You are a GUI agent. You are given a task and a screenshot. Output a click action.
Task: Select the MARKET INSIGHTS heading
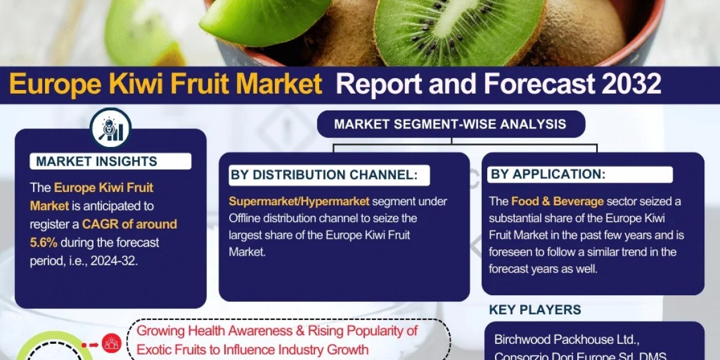97,161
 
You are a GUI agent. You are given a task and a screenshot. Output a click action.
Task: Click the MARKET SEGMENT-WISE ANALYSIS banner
450,124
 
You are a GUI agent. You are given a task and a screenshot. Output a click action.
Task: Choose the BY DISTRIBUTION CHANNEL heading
323,175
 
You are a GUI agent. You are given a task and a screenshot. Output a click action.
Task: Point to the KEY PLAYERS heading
535,310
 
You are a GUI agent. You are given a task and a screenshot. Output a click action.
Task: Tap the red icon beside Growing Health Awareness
111,343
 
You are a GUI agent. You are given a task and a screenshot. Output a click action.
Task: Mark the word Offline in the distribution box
248,218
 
